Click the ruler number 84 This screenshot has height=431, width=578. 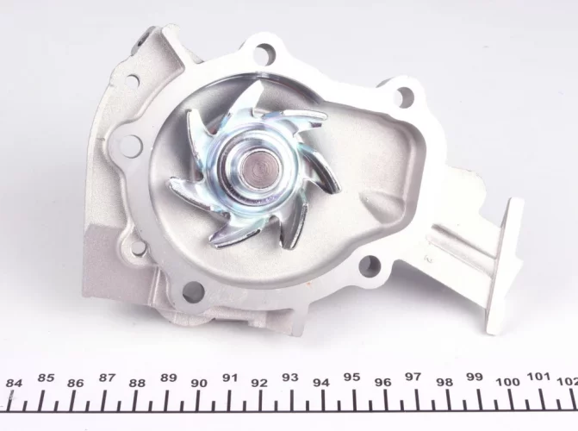(x=14, y=383)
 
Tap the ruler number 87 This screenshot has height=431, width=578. (x=108, y=378)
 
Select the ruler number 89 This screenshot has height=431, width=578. (x=169, y=378)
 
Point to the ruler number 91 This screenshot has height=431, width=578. (x=230, y=378)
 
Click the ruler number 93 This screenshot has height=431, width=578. (x=290, y=378)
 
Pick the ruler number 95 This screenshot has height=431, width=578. (x=351, y=378)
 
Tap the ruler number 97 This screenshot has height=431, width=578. (x=413, y=377)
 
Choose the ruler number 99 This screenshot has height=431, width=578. (x=475, y=377)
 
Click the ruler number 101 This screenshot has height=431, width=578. (x=539, y=377)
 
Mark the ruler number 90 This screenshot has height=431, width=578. (x=199, y=383)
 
